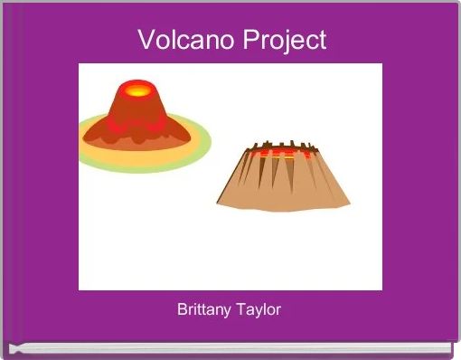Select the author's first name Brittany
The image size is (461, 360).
pyautogui.click(x=204, y=309)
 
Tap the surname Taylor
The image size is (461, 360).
pyautogui.click(x=259, y=309)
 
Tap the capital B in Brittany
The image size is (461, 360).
pyautogui.click(x=183, y=309)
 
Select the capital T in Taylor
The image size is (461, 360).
pyautogui.click(x=240, y=309)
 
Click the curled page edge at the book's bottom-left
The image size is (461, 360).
pyautogui.click(x=13, y=346)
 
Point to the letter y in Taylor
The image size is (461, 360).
pyautogui.click(x=258, y=311)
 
